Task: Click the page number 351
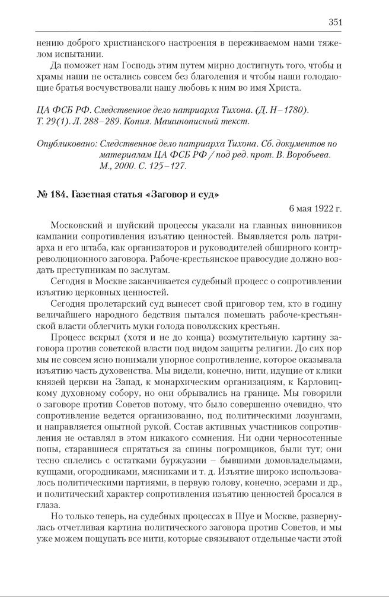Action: pyautogui.click(x=335, y=23)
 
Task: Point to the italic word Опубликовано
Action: pyautogui.click(x=66, y=144)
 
